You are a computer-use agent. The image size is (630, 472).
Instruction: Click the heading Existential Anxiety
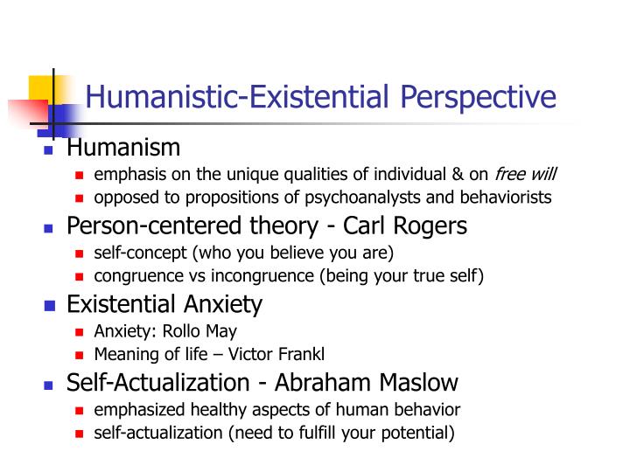coord(164,305)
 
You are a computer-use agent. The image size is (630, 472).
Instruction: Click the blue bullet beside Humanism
coord(50,151)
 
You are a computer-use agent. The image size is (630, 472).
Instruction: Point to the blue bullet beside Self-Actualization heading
coord(50,385)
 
